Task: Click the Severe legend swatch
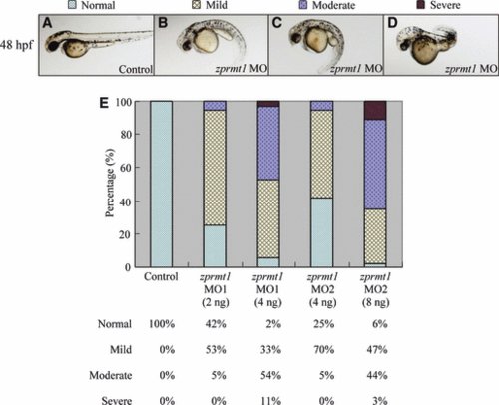(421, 4)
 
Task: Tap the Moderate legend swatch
(303, 5)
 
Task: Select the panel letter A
(48, 23)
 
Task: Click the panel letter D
(392, 23)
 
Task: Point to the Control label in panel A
(136, 69)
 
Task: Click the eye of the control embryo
(53, 46)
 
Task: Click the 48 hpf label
(17, 44)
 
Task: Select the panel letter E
(104, 103)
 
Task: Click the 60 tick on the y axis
(124, 168)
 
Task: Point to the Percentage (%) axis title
(110, 183)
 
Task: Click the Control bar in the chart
(162, 184)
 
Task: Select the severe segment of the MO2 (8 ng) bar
(375, 110)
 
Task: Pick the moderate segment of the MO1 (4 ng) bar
(268, 144)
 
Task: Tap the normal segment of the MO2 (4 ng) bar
(322, 232)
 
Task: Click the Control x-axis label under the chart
(161, 277)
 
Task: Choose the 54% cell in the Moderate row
(270, 375)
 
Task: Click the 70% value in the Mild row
(324, 350)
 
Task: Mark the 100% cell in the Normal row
(162, 324)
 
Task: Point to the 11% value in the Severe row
(270, 401)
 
